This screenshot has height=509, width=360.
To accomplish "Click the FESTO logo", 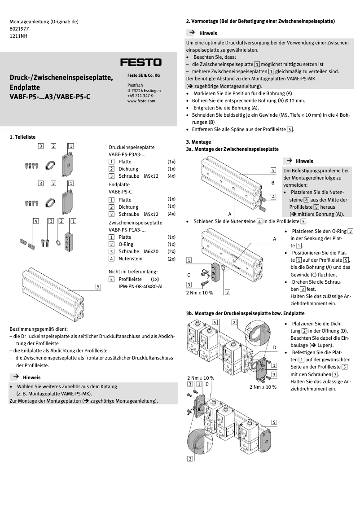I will pyautogui.click(x=140, y=62).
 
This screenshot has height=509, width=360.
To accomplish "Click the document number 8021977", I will pyautogui.click(x=19, y=28).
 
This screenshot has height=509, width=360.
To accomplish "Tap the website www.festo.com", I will pyautogui.click(x=141, y=101).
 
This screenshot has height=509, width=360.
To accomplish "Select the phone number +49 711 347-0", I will pyautogui.click(x=140, y=96).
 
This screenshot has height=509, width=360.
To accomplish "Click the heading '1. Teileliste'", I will pyautogui.click(x=22, y=137).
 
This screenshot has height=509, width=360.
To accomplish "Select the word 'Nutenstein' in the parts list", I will pyautogui.click(x=130, y=259).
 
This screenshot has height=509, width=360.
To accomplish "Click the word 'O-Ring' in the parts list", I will pyautogui.click(x=126, y=244).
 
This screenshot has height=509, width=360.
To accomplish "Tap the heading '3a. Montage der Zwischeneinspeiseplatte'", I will pyautogui.click(x=232, y=149).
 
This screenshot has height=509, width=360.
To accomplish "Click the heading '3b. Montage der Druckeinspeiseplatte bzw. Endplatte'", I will pyautogui.click(x=245, y=313).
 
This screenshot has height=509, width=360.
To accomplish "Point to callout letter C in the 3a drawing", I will pyautogui.click(x=189, y=275).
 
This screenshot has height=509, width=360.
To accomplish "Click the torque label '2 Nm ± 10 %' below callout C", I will pyautogui.click(x=200, y=292).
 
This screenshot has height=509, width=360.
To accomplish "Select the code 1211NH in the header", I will pyautogui.click(x=18, y=35).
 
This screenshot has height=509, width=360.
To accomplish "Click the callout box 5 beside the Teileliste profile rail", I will pyautogui.click(x=98, y=286).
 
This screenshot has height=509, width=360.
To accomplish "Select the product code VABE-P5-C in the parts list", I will pyautogui.click(x=121, y=192).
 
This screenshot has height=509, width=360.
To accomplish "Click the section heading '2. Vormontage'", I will pyautogui.click(x=210, y=21).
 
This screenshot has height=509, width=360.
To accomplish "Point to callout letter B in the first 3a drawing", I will pyautogui.click(x=272, y=183).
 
